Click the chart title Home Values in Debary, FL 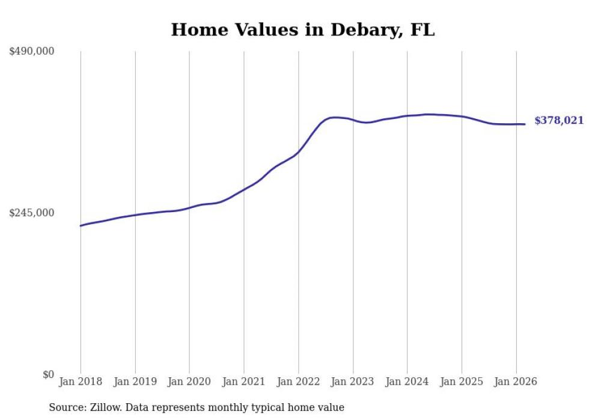pos(302,30)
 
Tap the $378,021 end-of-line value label pos(558,121)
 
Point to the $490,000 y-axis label pos(32,52)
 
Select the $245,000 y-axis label pos(32,213)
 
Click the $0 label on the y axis pos(48,375)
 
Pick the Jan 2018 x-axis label pos(81,382)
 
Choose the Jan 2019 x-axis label pos(135,382)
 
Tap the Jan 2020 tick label pos(189,382)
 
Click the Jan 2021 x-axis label pos(244,382)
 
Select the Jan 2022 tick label pos(298,382)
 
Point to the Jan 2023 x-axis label pos(353,382)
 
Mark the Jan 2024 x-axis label pos(407,382)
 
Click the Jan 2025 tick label pos(462,382)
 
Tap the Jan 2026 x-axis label pos(516,382)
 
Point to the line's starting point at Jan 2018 pos(81,226)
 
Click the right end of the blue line pos(525,124)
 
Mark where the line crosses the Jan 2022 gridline pos(298,152)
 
